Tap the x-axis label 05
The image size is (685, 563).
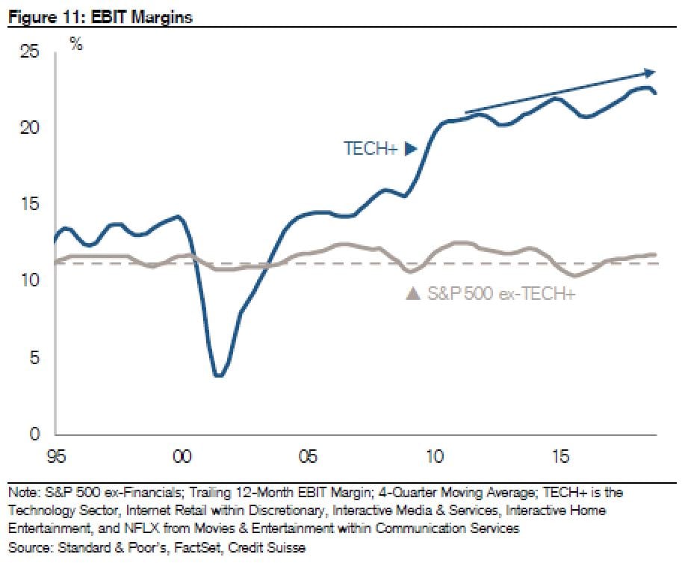tap(307, 455)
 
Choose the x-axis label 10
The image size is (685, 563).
tap(433, 455)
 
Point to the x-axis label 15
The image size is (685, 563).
tap(559, 455)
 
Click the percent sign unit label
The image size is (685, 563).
tap(76, 43)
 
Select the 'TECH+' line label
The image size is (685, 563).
tap(370, 149)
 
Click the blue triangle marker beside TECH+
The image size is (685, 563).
tap(410, 149)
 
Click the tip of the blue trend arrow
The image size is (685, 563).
tap(654, 72)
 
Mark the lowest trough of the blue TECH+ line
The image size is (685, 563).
tap(218, 375)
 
